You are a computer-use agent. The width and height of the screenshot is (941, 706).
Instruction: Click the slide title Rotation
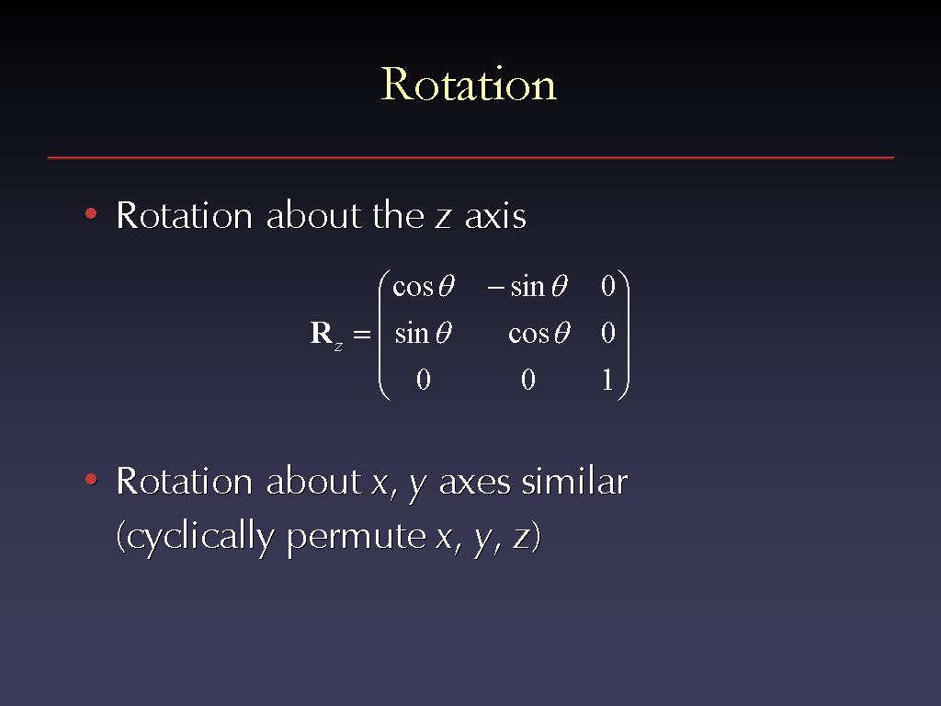pyautogui.click(x=470, y=84)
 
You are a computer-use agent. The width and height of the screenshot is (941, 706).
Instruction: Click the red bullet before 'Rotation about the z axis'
pyautogui.click(x=91, y=213)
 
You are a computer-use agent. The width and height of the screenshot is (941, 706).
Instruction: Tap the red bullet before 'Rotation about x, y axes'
pyautogui.click(x=91, y=479)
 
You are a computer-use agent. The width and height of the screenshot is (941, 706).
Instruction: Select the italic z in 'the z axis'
pyautogui.click(x=443, y=219)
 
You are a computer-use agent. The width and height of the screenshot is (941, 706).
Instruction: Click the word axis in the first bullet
pyautogui.click(x=495, y=216)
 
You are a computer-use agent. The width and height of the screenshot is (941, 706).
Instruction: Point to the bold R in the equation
pyautogui.click(x=321, y=333)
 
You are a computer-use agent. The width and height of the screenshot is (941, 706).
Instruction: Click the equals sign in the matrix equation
pyautogui.click(x=362, y=334)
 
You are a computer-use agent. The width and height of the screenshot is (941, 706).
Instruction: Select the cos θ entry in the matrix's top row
pyautogui.click(x=423, y=287)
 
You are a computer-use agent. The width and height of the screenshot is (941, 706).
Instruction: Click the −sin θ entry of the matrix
pyautogui.click(x=527, y=287)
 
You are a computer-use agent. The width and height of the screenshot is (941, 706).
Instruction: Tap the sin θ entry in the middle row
pyautogui.click(x=423, y=333)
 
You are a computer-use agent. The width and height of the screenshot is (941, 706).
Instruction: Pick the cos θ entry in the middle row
pyautogui.click(x=539, y=333)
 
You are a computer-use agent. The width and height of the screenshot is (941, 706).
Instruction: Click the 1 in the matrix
pyautogui.click(x=607, y=380)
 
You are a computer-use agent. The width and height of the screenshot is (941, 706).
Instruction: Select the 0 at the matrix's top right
pyautogui.click(x=608, y=287)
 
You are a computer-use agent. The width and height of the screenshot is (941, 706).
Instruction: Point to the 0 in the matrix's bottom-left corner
pyautogui.click(x=423, y=380)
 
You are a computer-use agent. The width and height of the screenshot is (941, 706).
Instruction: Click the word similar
pyautogui.click(x=574, y=482)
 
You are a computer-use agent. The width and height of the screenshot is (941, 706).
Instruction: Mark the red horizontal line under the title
pyautogui.click(x=470, y=158)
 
